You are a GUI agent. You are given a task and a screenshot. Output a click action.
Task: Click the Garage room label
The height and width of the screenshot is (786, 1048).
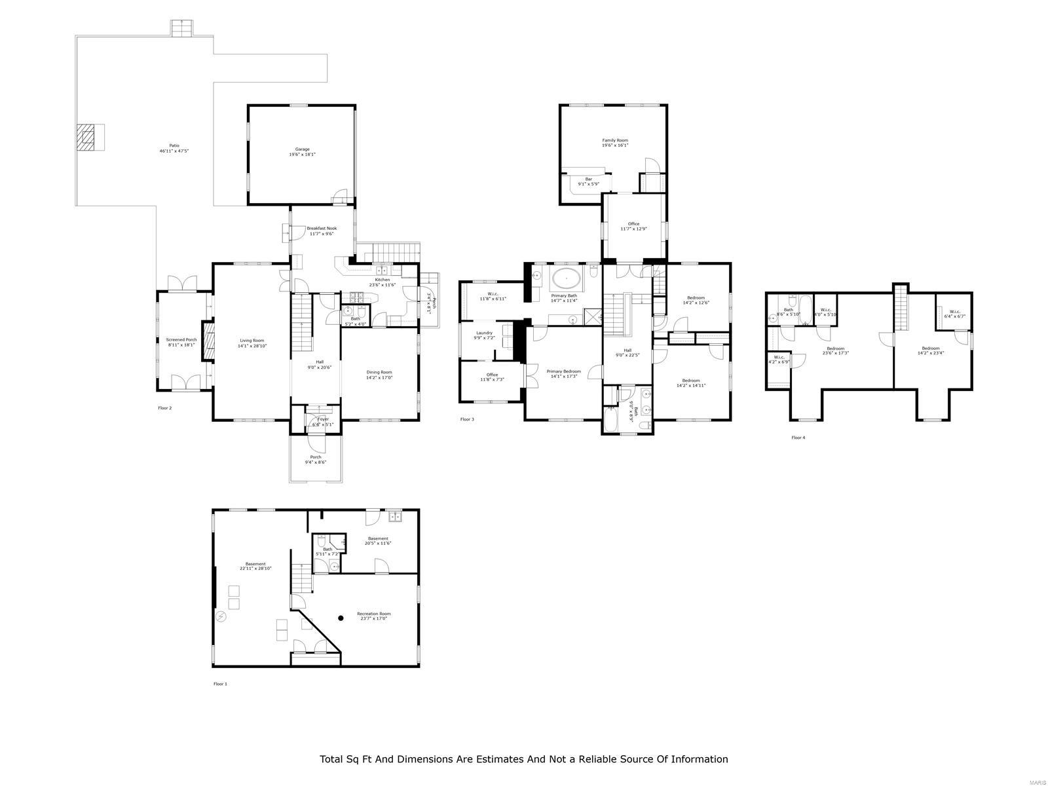pos(302,152)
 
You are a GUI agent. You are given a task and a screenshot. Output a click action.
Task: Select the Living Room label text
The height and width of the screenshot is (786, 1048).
pos(252,343)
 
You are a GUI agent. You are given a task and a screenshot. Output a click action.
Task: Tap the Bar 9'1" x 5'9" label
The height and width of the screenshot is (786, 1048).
pos(588,181)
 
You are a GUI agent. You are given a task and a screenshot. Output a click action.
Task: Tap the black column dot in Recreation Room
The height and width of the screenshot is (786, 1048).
pos(341,617)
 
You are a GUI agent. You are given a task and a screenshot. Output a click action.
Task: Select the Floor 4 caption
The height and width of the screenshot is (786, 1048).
pos(798,438)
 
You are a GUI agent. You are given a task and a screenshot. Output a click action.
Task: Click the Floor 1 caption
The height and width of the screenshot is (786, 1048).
pos(220,684)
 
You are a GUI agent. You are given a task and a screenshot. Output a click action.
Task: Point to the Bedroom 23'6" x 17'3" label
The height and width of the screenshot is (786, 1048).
pos(835,351)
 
